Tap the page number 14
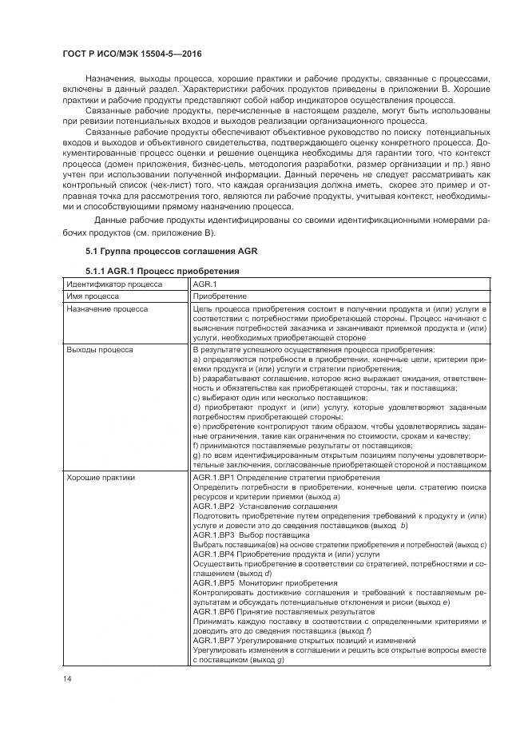67,679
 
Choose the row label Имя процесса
93,296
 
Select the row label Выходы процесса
100,349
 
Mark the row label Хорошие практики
101,477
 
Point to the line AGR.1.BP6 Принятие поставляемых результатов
280,611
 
